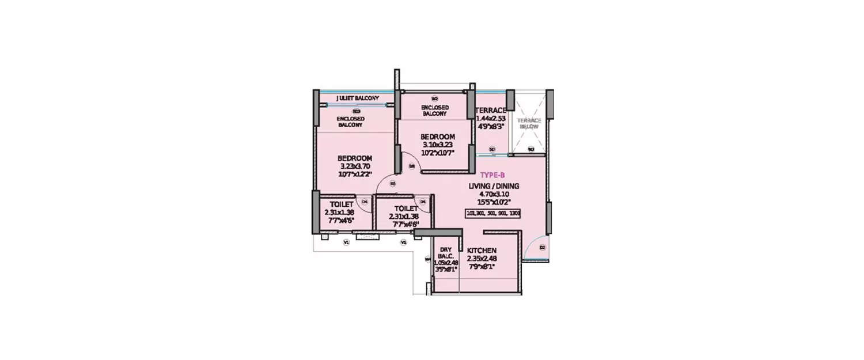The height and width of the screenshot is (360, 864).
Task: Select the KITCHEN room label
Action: pos(482,251)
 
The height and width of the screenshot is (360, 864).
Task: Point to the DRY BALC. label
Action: pos(446,252)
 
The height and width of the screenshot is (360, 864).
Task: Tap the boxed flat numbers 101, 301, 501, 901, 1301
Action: pos(493,214)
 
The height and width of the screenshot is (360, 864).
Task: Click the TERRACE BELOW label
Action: pos(529,123)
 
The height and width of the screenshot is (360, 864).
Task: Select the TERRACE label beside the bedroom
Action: pos(491,110)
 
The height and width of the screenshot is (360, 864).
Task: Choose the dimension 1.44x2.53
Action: pos(491,118)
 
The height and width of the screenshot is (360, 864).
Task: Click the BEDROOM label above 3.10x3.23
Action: pos(438,137)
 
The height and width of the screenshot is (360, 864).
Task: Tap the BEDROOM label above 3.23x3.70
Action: pos(354,158)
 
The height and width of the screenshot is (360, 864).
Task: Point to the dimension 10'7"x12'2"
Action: pos(355,174)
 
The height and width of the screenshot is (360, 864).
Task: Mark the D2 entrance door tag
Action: pos(542,247)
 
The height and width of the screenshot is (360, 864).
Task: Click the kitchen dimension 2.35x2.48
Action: pos(482,259)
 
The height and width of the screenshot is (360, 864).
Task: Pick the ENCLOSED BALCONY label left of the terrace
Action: pos(434,111)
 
